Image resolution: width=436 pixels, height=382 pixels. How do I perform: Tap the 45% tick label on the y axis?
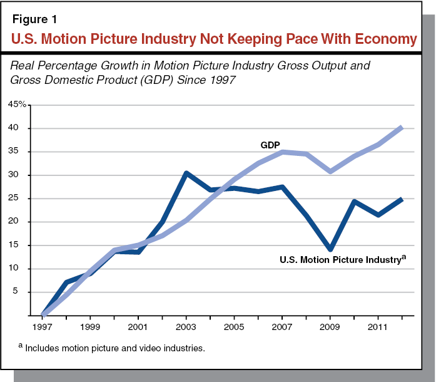click(17, 105)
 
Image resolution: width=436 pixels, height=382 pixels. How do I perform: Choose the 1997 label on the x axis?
click(43, 327)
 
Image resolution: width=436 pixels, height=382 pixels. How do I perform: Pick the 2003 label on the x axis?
click(186, 327)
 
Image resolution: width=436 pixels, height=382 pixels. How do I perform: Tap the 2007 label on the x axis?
click(281, 327)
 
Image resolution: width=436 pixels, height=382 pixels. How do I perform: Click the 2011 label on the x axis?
click(377, 327)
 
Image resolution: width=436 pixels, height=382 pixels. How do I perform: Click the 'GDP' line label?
click(270, 145)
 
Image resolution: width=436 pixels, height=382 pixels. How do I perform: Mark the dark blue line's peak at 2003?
click(186, 173)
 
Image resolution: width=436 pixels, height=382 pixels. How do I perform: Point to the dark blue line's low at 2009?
click(330, 249)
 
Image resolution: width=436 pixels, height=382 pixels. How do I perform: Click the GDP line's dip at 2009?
click(330, 171)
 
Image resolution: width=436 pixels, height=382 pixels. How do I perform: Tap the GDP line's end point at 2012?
click(401, 127)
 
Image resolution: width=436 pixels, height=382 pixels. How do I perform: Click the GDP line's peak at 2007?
click(281, 152)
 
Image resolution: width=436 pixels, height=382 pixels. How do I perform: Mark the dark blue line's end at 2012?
click(401, 199)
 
